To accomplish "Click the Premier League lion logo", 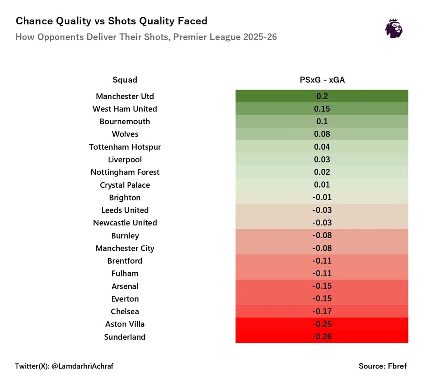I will (x=394, y=28).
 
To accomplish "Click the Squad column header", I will (x=125, y=80).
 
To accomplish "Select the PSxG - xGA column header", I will (x=322, y=80).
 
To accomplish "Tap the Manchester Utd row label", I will (x=125, y=97).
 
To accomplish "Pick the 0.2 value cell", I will (x=322, y=97).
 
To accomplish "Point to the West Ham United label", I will (x=125, y=109).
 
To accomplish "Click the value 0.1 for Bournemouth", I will (x=322, y=122).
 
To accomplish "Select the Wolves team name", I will (x=125, y=134).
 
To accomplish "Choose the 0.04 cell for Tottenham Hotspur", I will (x=322, y=147).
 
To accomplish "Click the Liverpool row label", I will (x=125, y=160).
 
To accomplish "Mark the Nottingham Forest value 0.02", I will (x=322, y=172).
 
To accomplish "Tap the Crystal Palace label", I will (x=125, y=185).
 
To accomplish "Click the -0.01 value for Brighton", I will (x=322, y=198).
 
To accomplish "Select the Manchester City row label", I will (x=125, y=248).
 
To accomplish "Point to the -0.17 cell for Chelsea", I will (x=322, y=312).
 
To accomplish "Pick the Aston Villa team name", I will (x=125, y=324).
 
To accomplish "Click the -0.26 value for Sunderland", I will (x=322, y=337).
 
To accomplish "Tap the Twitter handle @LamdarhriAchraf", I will (x=64, y=366).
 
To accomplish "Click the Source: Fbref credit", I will (x=383, y=366).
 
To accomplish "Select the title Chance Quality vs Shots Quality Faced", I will (x=111, y=21).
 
